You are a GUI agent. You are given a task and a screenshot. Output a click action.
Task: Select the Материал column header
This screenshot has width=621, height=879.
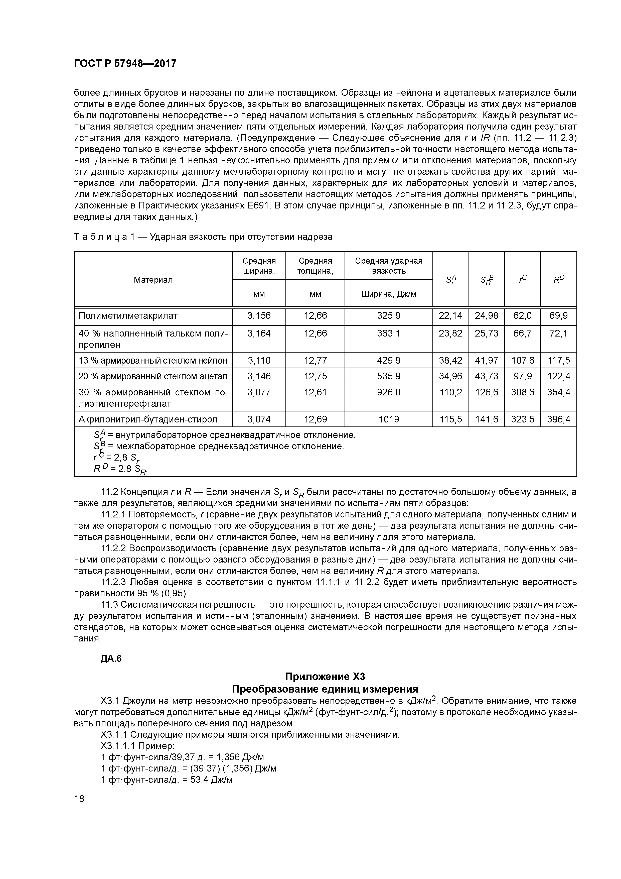point(153,280)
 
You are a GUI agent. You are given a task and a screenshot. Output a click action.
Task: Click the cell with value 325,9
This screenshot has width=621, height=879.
point(388,316)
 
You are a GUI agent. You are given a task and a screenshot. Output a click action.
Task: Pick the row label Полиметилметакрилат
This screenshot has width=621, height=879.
point(128,316)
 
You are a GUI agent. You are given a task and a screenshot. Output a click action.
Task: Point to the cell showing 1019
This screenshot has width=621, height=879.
point(388,419)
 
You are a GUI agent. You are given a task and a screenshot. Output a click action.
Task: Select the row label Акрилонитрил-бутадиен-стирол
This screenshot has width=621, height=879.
point(148,419)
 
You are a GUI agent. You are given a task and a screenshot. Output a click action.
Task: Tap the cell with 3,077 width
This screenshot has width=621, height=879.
point(259,392)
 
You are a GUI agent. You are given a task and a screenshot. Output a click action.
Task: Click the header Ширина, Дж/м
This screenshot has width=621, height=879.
point(388,294)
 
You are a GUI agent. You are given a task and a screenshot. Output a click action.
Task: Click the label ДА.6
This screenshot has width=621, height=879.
point(111,658)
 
